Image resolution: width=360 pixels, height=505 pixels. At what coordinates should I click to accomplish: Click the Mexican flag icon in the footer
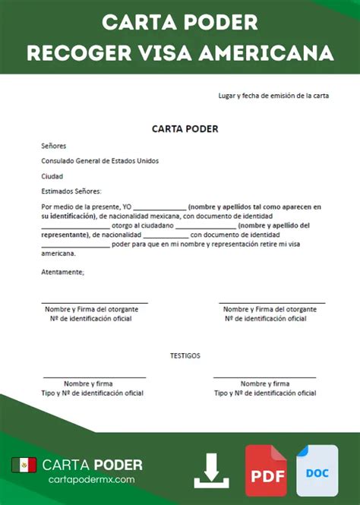click(24, 465)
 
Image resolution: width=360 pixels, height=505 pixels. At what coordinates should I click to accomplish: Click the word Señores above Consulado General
click(54, 145)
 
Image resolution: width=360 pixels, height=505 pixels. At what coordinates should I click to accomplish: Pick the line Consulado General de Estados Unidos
click(100, 160)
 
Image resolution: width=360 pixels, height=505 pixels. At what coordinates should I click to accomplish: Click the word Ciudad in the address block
click(52, 175)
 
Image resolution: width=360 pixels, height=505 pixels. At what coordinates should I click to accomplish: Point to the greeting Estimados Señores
click(71, 191)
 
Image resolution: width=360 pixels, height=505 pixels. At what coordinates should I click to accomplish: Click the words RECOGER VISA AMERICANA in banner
click(180, 53)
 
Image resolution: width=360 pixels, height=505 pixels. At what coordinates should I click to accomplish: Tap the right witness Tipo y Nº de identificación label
click(265, 393)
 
